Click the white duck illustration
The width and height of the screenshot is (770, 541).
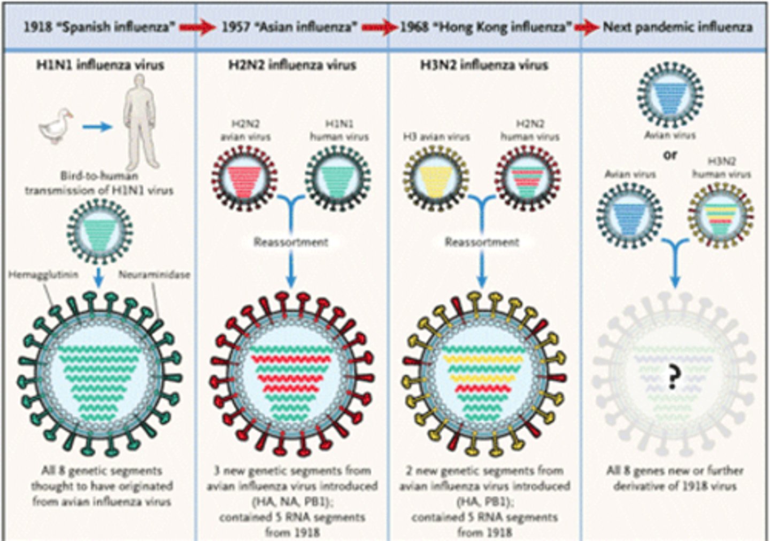[x=56, y=127]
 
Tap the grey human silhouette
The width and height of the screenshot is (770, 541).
[x=140, y=121]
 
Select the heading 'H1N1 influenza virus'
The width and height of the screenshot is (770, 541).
[x=100, y=65]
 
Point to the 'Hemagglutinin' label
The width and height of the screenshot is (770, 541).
[x=43, y=275]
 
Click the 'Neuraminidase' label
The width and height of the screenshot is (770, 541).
[x=154, y=275]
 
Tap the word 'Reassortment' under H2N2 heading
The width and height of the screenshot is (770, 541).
[x=291, y=242]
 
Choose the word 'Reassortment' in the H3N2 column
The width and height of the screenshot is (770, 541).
[x=482, y=242]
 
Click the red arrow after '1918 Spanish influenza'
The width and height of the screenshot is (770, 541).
[x=196, y=27]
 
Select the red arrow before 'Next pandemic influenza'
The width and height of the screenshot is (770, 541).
[x=587, y=27]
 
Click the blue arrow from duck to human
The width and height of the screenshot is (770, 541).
[x=97, y=127]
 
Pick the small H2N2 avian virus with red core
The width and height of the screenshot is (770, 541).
[x=244, y=178]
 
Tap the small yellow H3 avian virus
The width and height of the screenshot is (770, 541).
[x=436, y=178]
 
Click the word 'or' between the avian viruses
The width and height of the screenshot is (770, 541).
[x=670, y=155]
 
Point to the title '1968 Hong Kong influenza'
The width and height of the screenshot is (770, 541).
[x=486, y=27]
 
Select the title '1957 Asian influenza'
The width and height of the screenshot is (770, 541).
[x=289, y=27]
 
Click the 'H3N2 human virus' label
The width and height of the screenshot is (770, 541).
[x=721, y=167]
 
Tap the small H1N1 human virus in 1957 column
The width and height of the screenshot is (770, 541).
[x=338, y=178]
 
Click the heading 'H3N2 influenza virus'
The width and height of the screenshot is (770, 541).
[x=484, y=65]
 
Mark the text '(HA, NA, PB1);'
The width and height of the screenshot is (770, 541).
[x=292, y=501]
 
